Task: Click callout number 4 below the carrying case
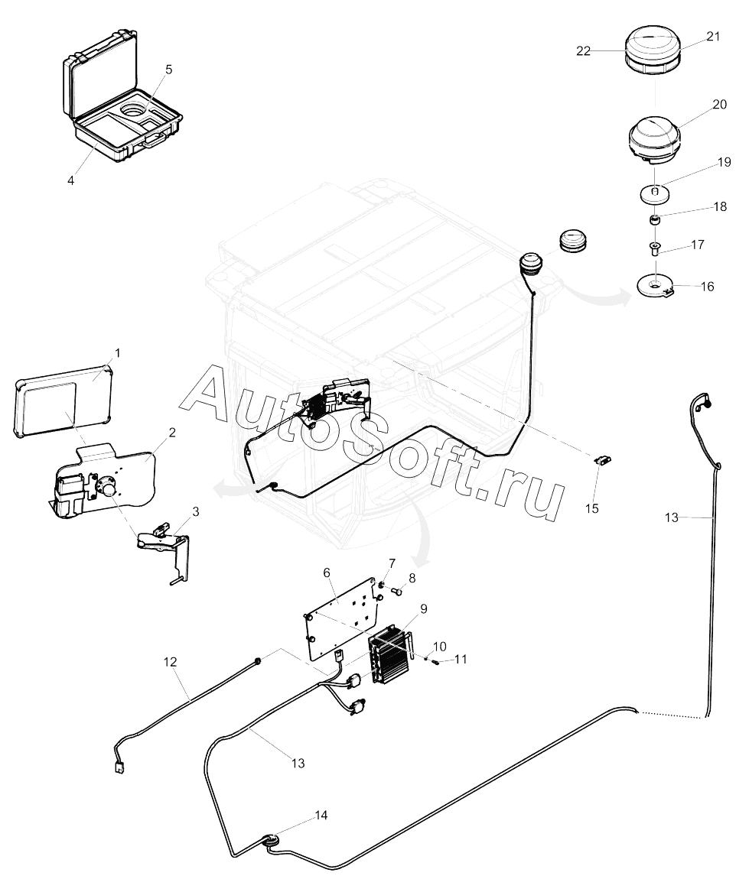pyautogui.click(x=70, y=180)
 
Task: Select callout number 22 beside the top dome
pyautogui.click(x=583, y=50)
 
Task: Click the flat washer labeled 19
pyautogui.click(x=654, y=194)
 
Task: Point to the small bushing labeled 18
pyautogui.click(x=656, y=219)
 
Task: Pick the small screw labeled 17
pyautogui.click(x=655, y=248)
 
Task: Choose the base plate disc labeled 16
pyautogui.click(x=655, y=285)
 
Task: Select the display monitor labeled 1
pyautogui.click(x=64, y=401)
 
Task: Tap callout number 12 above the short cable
pyautogui.click(x=170, y=662)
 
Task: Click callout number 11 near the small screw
pyautogui.click(x=461, y=660)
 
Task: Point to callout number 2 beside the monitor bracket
pyautogui.click(x=172, y=433)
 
